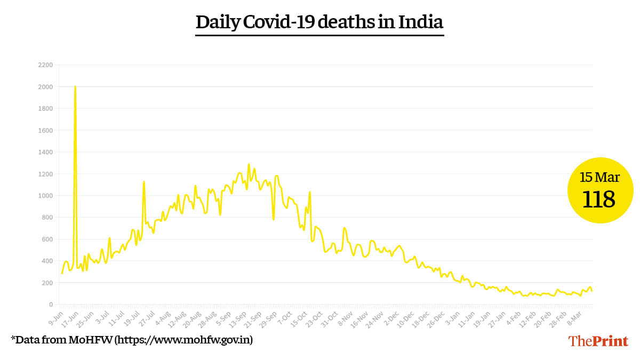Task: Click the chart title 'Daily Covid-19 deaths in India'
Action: (x=319, y=22)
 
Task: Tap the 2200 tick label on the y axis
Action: (x=45, y=65)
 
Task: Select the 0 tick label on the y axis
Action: (x=51, y=305)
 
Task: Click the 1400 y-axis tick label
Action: (x=45, y=152)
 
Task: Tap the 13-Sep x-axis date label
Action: (x=236, y=318)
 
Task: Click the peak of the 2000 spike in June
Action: (x=75, y=86)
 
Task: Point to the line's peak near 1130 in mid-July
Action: (x=143, y=182)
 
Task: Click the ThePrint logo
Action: (x=598, y=341)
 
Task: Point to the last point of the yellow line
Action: (x=592, y=291)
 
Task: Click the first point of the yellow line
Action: (x=62, y=274)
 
